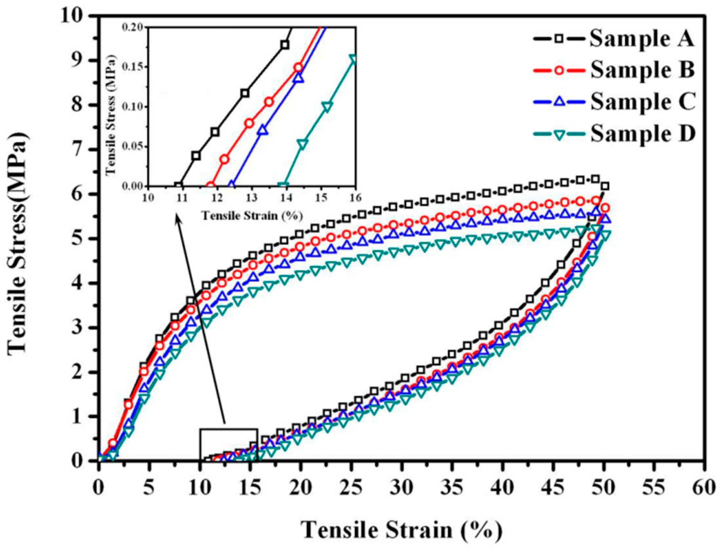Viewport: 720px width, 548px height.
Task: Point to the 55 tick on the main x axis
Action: [x=655, y=488]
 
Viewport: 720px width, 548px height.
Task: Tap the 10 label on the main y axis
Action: [x=74, y=16]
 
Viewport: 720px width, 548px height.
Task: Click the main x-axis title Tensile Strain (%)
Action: [x=401, y=529]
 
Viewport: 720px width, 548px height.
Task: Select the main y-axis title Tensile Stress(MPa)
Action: [x=18, y=242]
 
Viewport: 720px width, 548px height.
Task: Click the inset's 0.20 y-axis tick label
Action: [x=134, y=27]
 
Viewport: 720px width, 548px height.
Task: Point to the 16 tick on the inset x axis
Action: [x=355, y=197]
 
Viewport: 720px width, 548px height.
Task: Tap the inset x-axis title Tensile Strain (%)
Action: [x=252, y=216]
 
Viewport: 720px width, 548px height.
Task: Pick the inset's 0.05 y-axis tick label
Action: [x=134, y=147]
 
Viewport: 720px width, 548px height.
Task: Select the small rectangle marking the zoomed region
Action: [x=228, y=445]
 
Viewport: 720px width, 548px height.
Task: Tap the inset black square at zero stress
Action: [x=178, y=186]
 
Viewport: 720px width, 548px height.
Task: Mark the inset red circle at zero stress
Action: [x=210, y=186]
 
